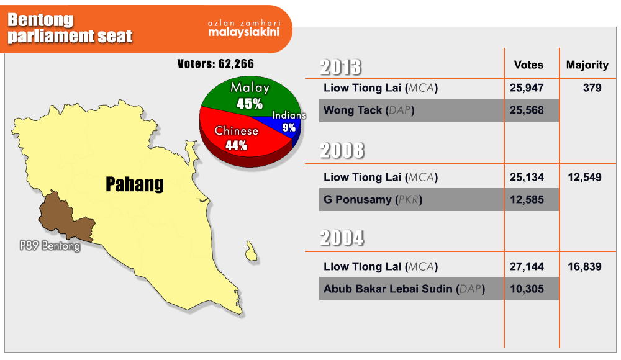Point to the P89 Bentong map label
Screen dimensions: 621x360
50,246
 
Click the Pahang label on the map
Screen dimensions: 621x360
135,184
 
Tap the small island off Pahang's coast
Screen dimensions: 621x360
251,251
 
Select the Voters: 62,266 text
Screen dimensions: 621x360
215,64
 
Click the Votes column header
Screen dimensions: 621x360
528,65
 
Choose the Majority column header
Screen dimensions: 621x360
587,65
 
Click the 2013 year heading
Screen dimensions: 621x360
340,67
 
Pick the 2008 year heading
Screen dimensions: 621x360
342,150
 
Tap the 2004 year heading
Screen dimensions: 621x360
342,238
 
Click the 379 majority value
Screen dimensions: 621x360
592,88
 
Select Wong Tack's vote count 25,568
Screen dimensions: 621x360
527,110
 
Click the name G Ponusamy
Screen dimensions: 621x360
358,200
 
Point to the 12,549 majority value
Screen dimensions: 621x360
584,178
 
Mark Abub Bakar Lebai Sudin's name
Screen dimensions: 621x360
388,289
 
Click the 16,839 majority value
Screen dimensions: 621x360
584,267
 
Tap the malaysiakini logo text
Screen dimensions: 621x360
244,32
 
